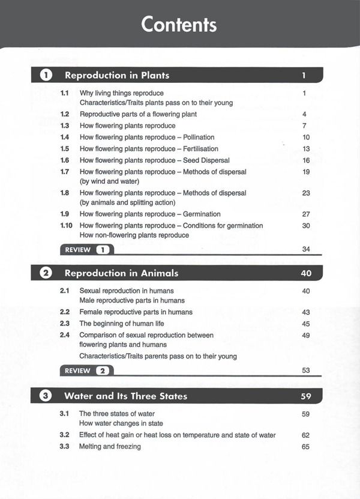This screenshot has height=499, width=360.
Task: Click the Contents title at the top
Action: (x=179, y=25)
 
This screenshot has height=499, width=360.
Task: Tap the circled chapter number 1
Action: (x=46, y=75)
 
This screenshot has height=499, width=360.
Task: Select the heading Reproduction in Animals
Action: (x=121, y=273)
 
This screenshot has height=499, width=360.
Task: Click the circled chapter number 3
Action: (x=46, y=396)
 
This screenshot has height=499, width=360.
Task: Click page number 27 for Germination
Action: (x=305, y=214)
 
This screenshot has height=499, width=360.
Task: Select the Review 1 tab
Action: (x=86, y=249)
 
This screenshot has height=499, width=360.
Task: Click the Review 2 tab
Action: (x=86, y=370)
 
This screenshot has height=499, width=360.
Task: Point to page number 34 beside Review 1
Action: (x=305, y=249)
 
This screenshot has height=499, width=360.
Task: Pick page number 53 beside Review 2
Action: (x=305, y=370)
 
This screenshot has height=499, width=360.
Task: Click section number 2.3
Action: (x=65, y=324)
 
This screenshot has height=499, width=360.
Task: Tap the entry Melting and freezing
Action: (x=110, y=447)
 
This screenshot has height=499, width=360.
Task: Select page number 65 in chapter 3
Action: (x=305, y=447)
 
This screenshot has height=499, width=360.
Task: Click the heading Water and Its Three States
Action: (x=125, y=396)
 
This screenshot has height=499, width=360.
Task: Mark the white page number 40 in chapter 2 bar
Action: (x=305, y=273)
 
